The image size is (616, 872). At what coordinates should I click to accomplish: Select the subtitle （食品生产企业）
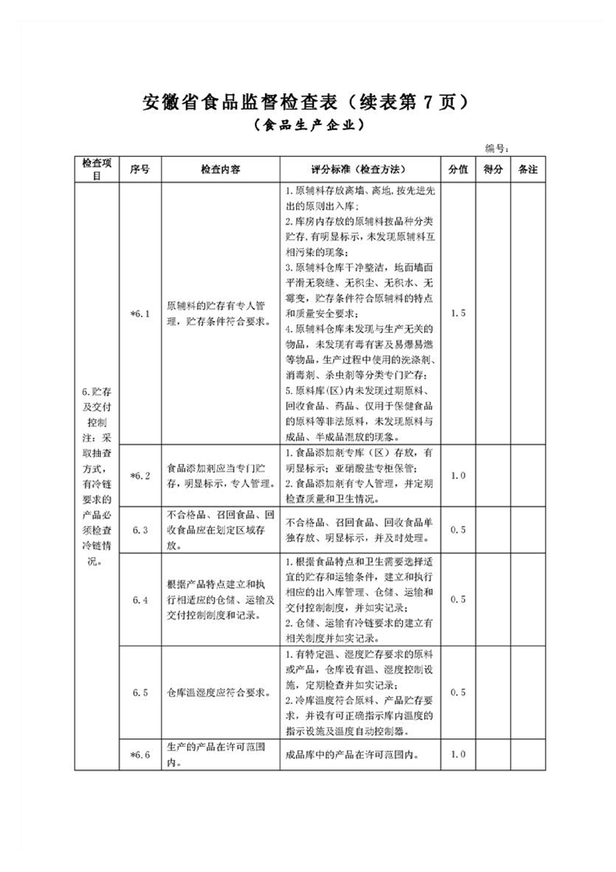tap(308, 124)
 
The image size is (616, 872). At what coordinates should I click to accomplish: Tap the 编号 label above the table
tap(496, 148)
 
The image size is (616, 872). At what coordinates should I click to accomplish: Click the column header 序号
tap(140, 169)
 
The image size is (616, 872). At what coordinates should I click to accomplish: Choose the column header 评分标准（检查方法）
tap(358, 169)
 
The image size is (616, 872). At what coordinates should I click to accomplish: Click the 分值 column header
tap(458, 169)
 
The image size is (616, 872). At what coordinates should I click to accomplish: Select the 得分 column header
tap(493, 169)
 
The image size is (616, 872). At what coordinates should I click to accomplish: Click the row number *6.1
tap(140, 312)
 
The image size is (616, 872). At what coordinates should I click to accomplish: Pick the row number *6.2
tap(140, 475)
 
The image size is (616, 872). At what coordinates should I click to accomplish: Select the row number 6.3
tap(140, 529)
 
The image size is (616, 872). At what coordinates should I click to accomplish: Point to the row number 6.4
tap(140, 599)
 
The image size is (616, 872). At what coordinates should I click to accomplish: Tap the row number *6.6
tap(140, 755)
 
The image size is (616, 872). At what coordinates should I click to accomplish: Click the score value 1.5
tap(458, 312)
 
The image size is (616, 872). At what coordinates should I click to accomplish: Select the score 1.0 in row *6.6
tap(458, 755)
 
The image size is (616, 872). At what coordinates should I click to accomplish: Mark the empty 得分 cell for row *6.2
tap(493, 475)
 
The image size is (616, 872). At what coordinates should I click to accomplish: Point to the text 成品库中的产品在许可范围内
tap(354, 755)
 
